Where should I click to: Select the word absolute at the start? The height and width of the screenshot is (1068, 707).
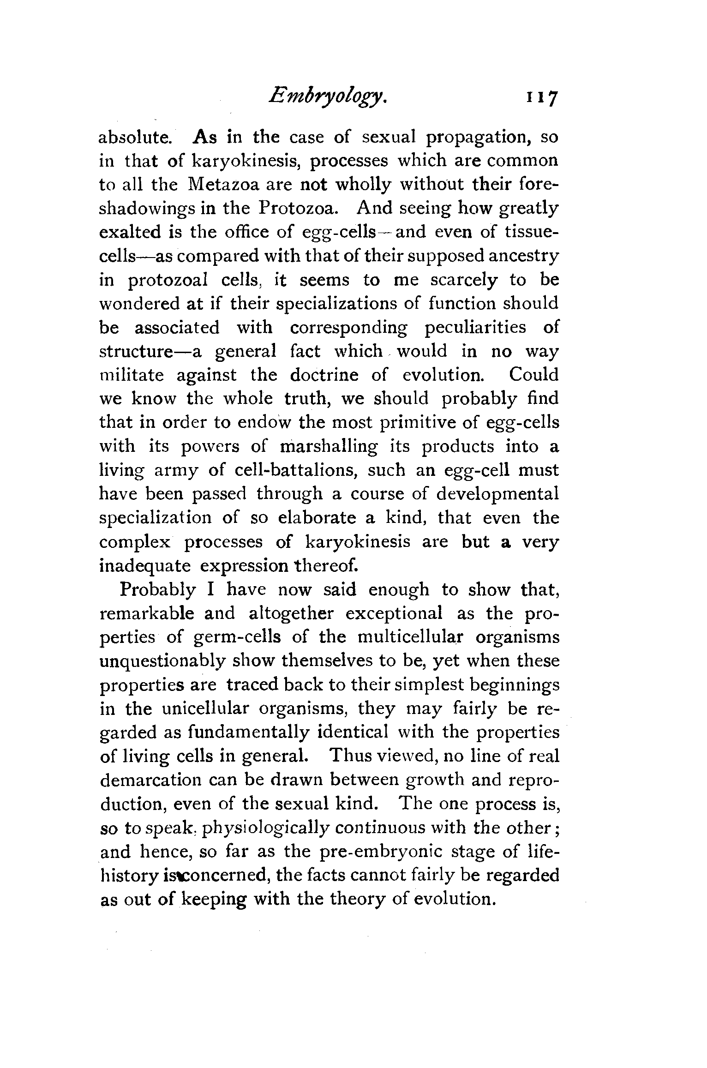(x=135, y=138)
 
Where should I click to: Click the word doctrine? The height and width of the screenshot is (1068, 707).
(x=324, y=375)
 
